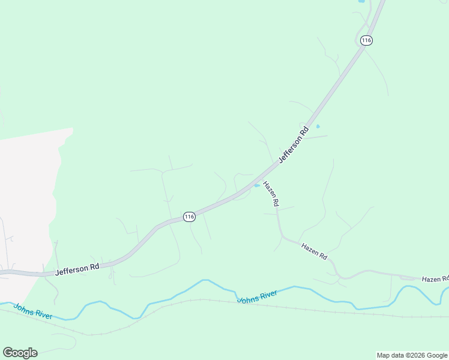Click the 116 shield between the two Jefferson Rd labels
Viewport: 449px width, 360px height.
coord(189,217)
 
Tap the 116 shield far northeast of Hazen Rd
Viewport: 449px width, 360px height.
coord(367,40)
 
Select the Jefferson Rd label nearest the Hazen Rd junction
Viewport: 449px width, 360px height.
coord(294,144)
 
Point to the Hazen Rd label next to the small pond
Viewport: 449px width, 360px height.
coord(271,194)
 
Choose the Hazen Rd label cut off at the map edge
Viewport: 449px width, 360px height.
coord(435,279)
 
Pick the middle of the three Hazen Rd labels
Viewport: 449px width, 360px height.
coord(315,251)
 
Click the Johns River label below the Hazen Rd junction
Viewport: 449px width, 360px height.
coord(257,296)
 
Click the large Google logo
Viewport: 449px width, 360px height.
coord(20,353)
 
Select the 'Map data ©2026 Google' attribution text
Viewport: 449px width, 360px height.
coord(412,355)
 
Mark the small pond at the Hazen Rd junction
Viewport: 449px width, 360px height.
coord(257,185)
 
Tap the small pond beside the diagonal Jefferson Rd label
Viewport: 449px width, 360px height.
coord(318,127)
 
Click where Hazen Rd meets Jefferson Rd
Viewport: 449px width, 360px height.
coord(261,181)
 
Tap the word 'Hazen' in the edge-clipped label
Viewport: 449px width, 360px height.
coord(431,279)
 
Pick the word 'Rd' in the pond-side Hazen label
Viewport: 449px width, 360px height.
coord(276,203)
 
